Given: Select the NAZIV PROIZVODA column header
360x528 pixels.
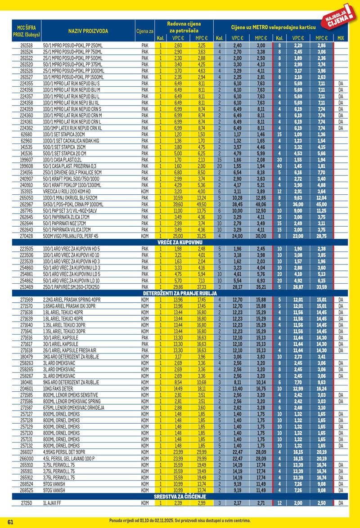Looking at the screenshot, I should click(88, 31).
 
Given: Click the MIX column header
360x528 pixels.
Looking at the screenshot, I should click(340, 38).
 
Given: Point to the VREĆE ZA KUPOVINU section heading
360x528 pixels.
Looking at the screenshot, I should click(179, 242).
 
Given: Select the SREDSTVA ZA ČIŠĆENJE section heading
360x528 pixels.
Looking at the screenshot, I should click(179, 496).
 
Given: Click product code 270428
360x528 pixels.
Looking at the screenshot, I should click(27, 236).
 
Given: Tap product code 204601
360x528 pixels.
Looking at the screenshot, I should click(27, 388).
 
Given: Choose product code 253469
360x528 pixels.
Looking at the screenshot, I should click(27, 286).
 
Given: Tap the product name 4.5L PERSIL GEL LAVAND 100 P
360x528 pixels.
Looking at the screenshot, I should click(69, 458).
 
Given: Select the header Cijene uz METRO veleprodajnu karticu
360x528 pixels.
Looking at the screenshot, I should click(273, 27).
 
